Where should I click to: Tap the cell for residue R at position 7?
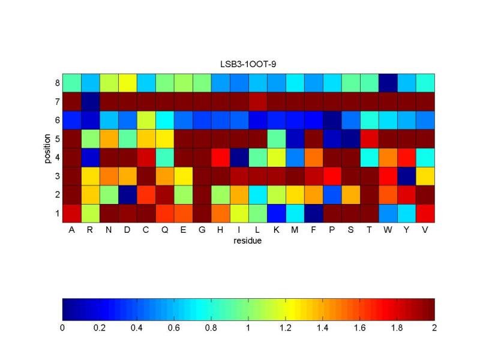click(90, 101)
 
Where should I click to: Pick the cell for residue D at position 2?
click(127, 194)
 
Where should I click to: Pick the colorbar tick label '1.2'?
click(286, 329)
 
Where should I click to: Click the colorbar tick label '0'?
click(62, 329)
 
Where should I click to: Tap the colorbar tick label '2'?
click(434, 329)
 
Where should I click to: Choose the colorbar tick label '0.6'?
click(174, 329)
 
